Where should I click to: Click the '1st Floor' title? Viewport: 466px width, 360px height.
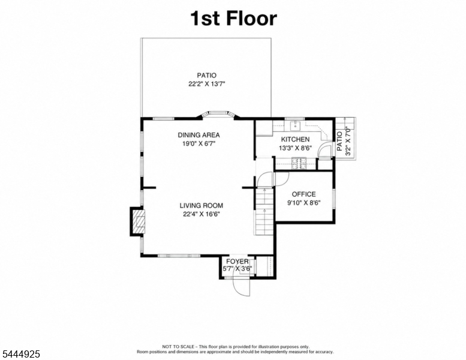pos(233,18)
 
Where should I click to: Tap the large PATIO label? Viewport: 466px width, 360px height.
pos(206,76)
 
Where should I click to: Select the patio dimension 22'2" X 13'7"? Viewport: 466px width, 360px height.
pos(206,84)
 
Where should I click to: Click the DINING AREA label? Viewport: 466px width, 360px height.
pos(199,135)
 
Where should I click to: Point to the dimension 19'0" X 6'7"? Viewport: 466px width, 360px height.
pos(199,144)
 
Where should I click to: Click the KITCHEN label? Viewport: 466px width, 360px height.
pos(295,139)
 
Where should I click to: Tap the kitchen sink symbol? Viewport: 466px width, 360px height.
pos(296,126)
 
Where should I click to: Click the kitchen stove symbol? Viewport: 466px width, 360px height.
pos(299,163)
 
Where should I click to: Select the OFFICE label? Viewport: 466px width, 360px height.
pos(303,194)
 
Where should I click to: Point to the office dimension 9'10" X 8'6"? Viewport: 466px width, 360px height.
pos(303,203)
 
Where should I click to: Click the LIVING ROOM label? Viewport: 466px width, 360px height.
pos(201,205)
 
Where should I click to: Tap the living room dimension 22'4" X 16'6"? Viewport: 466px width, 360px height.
pos(201,214)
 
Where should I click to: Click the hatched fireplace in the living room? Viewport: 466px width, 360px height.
pos(139,221)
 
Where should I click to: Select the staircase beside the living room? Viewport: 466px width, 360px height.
pos(264,211)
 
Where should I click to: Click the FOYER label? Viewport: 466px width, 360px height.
pos(237,262)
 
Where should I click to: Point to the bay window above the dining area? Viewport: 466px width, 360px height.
pos(218,114)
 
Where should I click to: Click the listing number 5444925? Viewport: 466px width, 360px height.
pos(21,354)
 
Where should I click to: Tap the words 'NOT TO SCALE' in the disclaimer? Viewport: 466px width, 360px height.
pos(178,347)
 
